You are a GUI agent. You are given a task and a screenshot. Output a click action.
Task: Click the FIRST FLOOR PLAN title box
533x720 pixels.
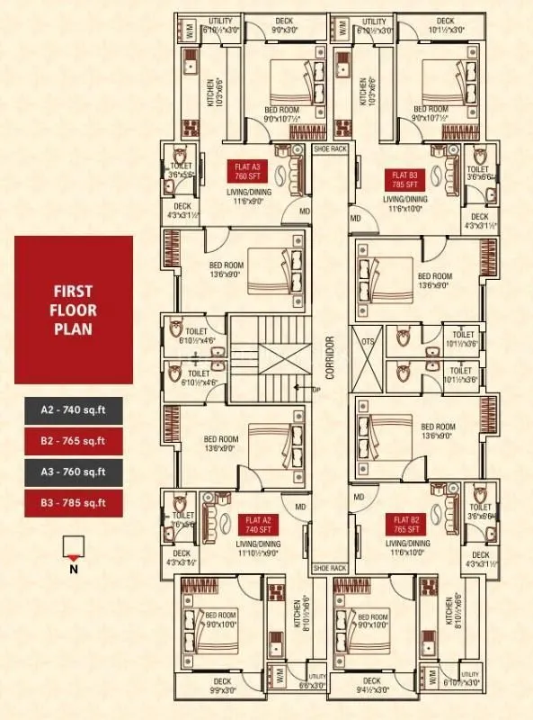click(x=74, y=310)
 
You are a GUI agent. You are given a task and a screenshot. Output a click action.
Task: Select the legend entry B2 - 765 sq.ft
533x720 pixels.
click(x=74, y=440)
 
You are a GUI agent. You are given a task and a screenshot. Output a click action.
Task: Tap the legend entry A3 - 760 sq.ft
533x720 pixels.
click(x=74, y=471)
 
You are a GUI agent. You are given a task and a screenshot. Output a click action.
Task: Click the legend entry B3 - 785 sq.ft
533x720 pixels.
click(x=74, y=501)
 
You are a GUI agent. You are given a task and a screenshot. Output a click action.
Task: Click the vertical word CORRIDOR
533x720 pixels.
click(x=331, y=358)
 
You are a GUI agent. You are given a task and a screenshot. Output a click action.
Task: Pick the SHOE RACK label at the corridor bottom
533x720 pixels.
click(x=329, y=568)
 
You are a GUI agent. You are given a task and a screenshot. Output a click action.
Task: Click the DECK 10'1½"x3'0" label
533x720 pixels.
click(x=446, y=25)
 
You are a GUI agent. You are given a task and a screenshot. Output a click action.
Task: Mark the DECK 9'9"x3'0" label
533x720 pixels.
click(x=220, y=687)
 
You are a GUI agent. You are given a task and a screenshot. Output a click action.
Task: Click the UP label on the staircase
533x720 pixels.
click(x=315, y=390)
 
